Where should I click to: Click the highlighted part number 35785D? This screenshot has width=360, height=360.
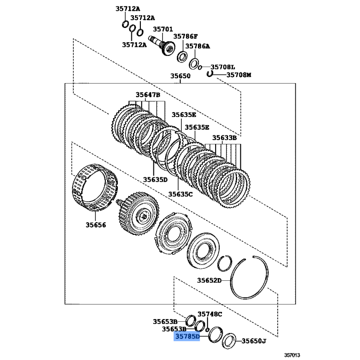tap(187, 336)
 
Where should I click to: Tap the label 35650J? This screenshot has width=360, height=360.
tap(254, 341)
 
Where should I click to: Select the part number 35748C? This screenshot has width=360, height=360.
tap(210, 314)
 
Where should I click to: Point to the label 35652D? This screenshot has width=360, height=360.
tap(209, 281)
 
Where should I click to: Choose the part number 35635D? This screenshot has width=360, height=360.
tap(155, 180)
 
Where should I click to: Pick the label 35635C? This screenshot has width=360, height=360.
tap(180, 194)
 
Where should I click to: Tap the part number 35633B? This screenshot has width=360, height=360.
tap(225, 138)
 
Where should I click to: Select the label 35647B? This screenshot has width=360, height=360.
tap(148, 95)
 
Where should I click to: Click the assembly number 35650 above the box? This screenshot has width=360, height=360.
tap(180, 76)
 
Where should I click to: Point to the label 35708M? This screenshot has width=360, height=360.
tap(238, 75)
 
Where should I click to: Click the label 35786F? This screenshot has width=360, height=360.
tap(186, 36)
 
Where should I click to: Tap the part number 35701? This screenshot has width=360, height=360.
tap(162, 29)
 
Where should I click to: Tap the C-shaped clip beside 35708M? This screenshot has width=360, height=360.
tap(210, 73)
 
